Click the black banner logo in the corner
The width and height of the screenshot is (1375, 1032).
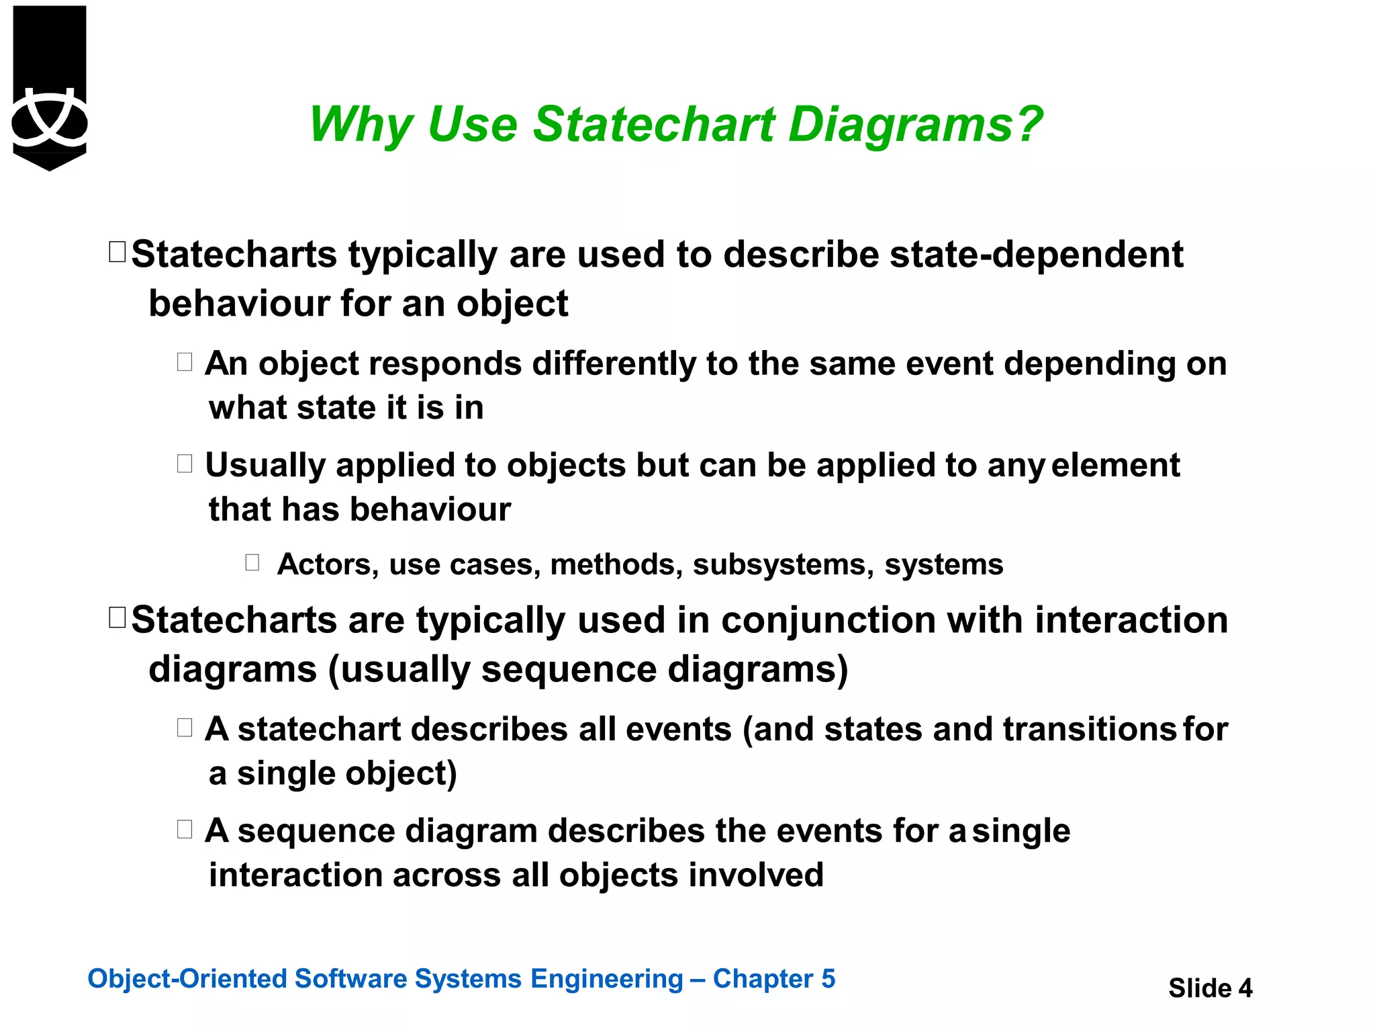50,87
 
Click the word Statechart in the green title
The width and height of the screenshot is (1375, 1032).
654,125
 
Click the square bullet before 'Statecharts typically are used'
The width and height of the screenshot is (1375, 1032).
117,252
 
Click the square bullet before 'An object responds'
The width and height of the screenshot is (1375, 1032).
185,362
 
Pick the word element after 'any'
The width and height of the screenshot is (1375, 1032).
1115,466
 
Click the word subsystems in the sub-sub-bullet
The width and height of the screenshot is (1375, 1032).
783,564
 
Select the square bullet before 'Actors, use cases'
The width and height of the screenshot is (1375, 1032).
252,562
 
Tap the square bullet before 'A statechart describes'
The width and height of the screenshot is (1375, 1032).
185,728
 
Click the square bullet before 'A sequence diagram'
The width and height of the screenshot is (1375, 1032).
185,829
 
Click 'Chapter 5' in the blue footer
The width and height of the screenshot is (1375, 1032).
773,979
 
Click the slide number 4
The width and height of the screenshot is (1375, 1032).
1245,988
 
